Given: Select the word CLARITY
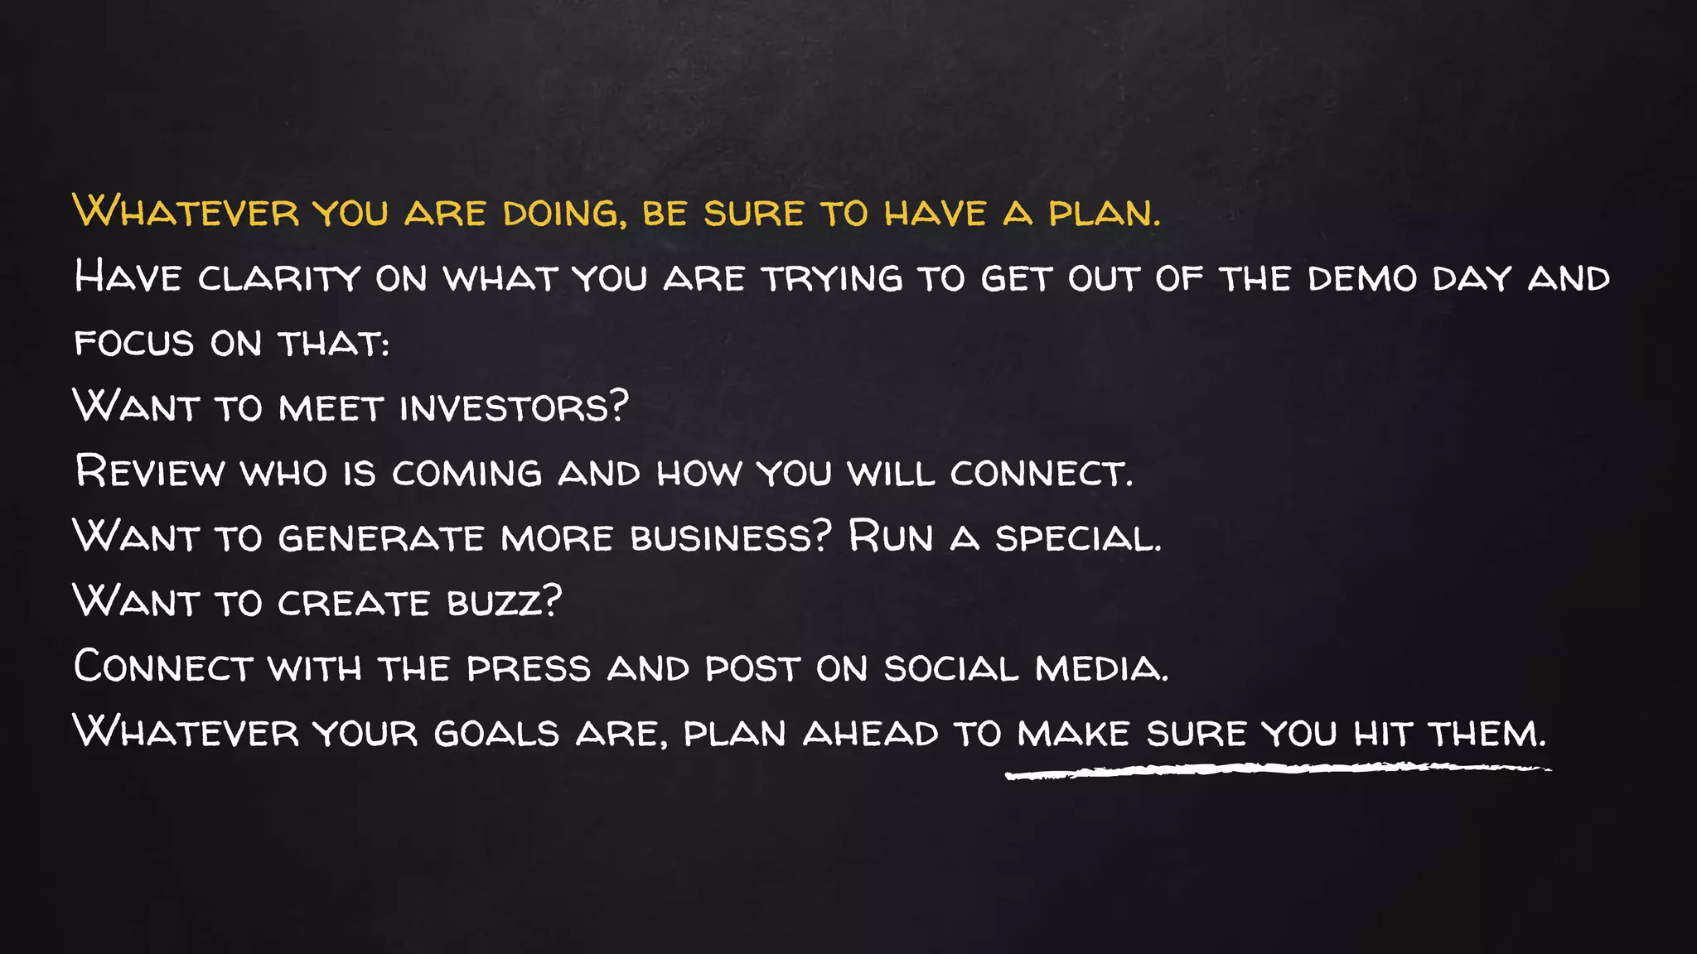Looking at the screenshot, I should [x=279, y=279].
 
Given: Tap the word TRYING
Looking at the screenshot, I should [x=832, y=279].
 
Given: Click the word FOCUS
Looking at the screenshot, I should [x=134, y=344].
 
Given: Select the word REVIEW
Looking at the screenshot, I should [x=149, y=473].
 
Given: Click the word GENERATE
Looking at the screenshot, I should [x=381, y=538].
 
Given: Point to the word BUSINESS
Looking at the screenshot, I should [x=730, y=538].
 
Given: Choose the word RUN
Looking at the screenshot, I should [x=891, y=538].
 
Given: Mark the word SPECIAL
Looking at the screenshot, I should [x=1078, y=538].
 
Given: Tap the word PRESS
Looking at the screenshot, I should [x=529, y=668].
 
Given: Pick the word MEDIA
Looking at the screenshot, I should [x=1101, y=668].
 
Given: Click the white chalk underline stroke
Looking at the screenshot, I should [x=1276, y=771].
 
